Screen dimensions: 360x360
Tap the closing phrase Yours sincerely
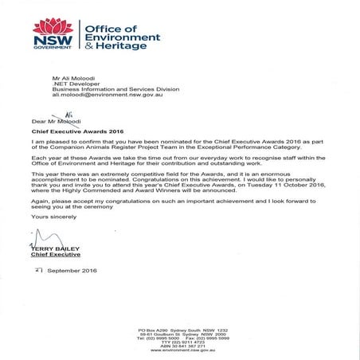click(x=49, y=217)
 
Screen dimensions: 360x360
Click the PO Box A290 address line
click(x=182, y=329)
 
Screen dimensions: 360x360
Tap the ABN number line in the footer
click(x=182, y=346)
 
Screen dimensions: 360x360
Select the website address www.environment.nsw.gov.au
click(x=182, y=350)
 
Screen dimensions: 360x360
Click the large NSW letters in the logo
click(x=52, y=40)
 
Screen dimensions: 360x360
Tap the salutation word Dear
click(x=38, y=120)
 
